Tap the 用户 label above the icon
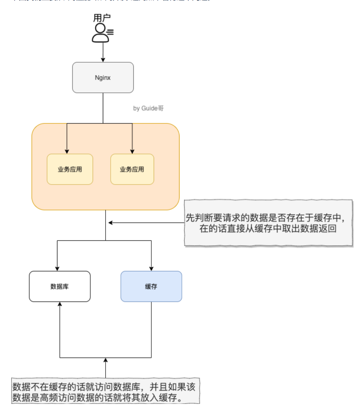pos(102,18)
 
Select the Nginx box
pos(103,77)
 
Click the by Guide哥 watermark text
pos(148,109)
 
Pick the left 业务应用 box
pos(70,169)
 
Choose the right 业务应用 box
pos(132,169)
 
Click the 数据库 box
pos(60,286)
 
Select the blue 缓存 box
pos(151,286)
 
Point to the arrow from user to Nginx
pos(103,53)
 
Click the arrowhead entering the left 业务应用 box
pos(67,151)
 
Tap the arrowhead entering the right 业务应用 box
pos(132,151)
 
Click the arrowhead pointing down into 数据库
pos(57,268)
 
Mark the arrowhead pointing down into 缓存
pos(151,268)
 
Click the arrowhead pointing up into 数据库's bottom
pos(60,305)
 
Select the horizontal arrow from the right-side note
pos(146,223)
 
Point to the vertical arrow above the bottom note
pos(106,369)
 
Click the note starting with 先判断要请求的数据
pos(268,223)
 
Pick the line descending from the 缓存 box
pos(151,329)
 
